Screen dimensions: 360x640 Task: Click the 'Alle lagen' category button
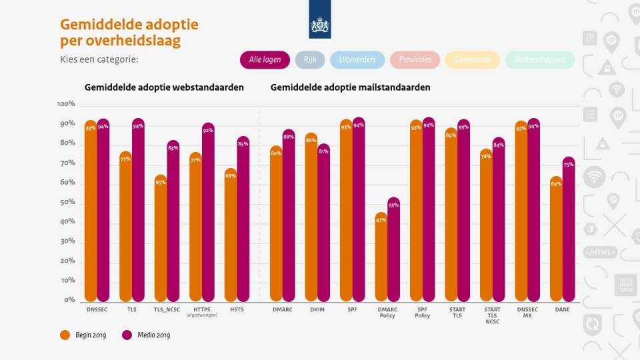click(265, 60)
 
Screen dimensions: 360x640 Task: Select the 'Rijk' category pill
click(310, 60)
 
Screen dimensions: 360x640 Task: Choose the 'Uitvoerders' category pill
click(357, 60)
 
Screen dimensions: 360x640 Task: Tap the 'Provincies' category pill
click(415, 60)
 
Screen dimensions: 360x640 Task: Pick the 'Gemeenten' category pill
click(473, 60)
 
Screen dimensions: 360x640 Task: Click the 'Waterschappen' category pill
click(539, 60)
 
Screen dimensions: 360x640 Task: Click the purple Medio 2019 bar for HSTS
click(243, 220)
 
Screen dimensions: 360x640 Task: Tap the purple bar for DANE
click(568, 230)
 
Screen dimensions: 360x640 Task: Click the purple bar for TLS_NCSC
click(173, 223)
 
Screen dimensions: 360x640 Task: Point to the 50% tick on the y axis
click(67, 202)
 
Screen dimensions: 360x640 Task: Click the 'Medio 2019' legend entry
click(146, 335)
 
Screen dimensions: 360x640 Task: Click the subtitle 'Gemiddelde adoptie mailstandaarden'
click(350, 87)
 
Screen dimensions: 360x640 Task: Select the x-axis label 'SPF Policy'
click(422, 312)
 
